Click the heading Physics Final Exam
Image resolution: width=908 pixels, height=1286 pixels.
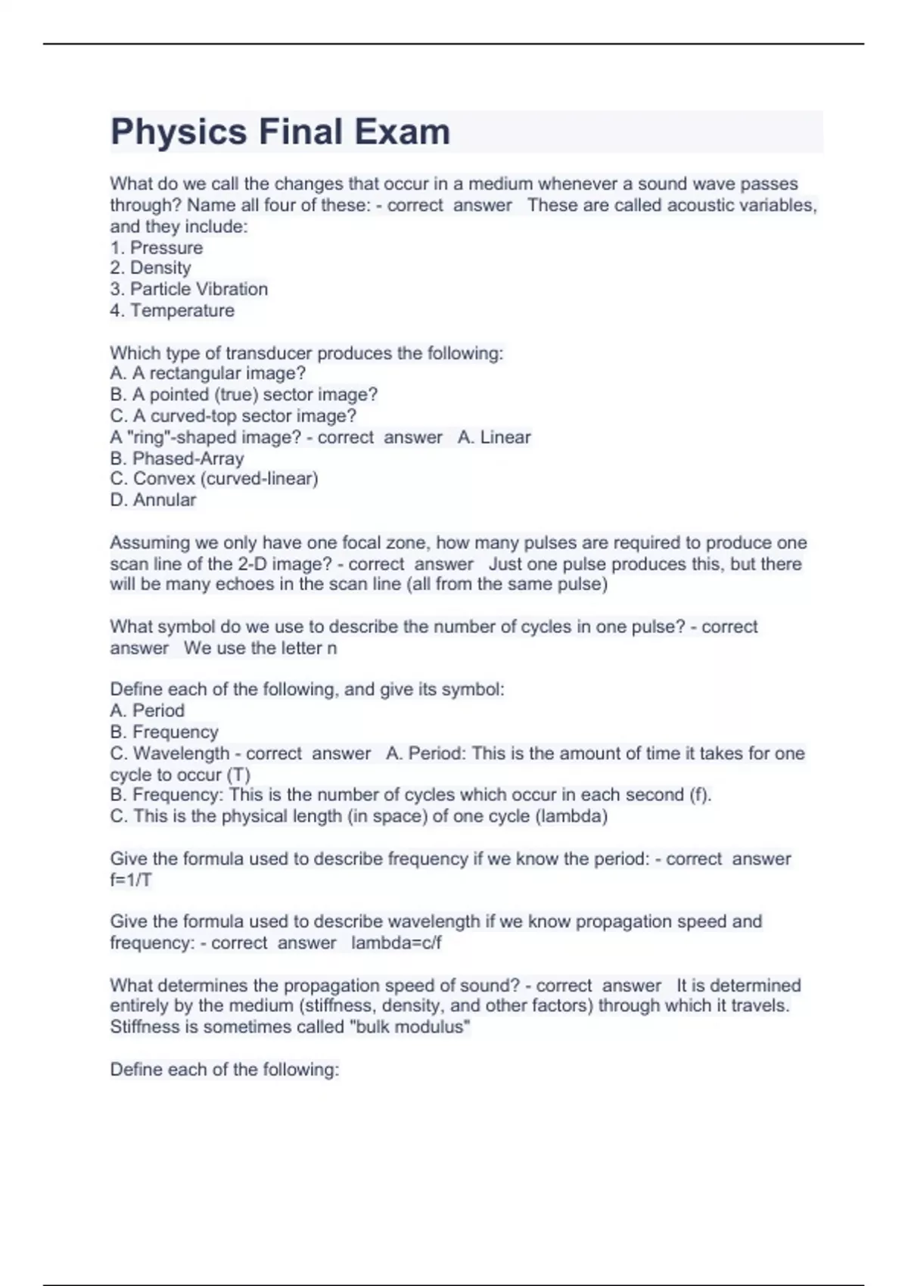[280, 132]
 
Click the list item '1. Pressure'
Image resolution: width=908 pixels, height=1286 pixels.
[157, 248]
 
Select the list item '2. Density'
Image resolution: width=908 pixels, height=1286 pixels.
[151, 268]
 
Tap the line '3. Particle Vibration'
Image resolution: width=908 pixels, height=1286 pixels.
[189, 289]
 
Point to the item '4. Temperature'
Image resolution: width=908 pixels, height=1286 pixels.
[173, 310]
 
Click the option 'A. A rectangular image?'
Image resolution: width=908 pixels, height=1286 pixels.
[208, 373]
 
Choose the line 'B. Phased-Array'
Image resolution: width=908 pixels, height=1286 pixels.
[177, 458]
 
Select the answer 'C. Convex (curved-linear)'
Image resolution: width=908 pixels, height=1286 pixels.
[214, 479]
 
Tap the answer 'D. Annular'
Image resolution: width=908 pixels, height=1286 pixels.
[154, 500]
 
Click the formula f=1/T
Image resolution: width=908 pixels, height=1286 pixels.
[131, 880]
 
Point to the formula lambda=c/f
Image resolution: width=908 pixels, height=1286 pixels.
[396, 943]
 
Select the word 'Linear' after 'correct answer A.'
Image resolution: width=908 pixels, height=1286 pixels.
[505, 437]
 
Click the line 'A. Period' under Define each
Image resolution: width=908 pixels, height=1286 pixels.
[148, 710]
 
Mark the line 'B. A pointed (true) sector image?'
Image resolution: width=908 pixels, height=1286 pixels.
[244, 394]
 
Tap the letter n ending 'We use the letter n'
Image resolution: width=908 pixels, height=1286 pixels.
[331, 648]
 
